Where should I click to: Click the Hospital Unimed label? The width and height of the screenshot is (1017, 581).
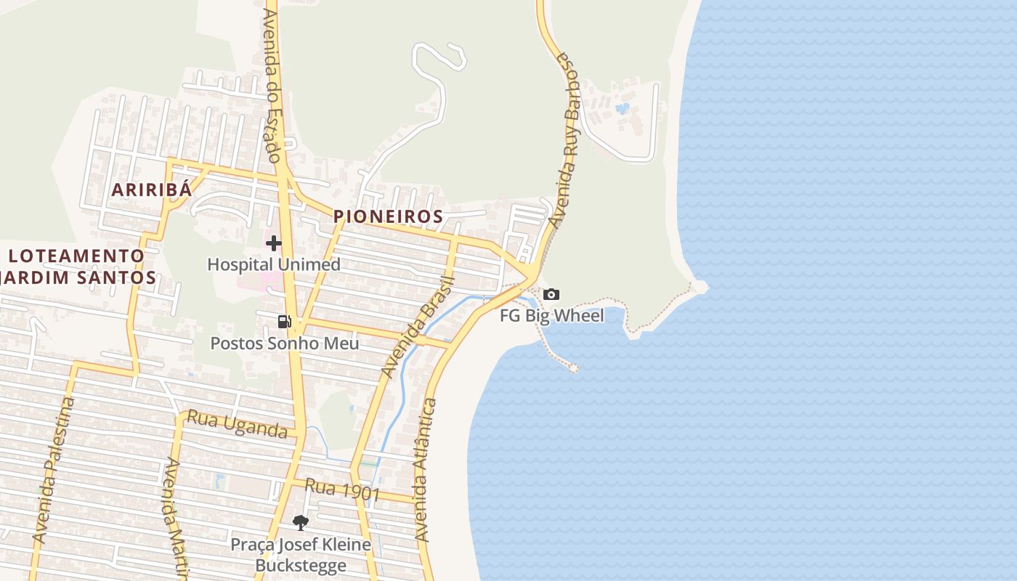pyautogui.click(x=274, y=264)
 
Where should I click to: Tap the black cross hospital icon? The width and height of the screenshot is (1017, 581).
pyautogui.click(x=274, y=243)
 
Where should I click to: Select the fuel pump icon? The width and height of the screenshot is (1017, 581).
pyautogui.click(x=285, y=322)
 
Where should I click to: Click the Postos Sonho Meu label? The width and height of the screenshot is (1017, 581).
pyautogui.click(x=285, y=343)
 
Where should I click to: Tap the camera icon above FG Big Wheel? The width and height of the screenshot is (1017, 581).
pyautogui.click(x=551, y=294)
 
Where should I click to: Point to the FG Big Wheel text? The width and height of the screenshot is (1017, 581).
pyautogui.click(x=551, y=316)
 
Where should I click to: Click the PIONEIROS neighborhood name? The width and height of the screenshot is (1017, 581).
pyautogui.click(x=388, y=216)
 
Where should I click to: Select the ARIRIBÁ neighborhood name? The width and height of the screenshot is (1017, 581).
pyautogui.click(x=152, y=190)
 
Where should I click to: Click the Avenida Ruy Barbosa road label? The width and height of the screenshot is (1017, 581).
pyautogui.click(x=567, y=138)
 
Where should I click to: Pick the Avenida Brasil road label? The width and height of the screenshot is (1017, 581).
pyautogui.click(x=417, y=328)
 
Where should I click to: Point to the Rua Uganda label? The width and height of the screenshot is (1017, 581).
pyautogui.click(x=238, y=423)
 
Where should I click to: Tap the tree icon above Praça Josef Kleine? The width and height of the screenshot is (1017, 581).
pyautogui.click(x=300, y=522)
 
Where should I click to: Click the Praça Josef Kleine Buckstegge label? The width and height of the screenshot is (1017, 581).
pyautogui.click(x=301, y=555)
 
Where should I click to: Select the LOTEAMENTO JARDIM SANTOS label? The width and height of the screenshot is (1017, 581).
pyautogui.click(x=77, y=267)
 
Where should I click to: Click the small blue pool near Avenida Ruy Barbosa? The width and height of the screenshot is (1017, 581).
pyautogui.click(x=623, y=109)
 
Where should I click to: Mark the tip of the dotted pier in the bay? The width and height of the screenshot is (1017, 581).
pyautogui.click(x=573, y=368)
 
